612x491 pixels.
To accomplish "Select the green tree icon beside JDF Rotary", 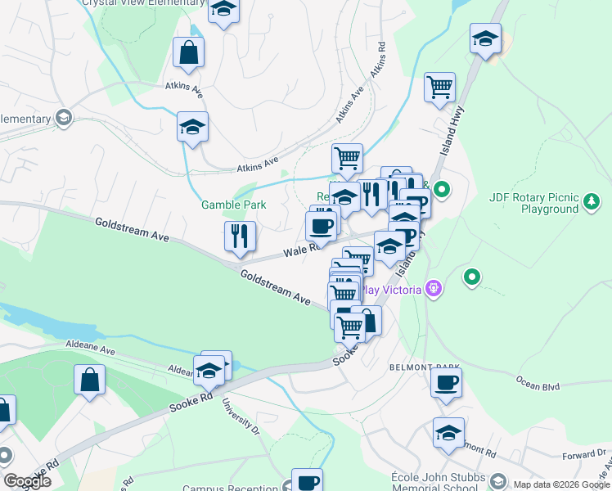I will click(592, 200).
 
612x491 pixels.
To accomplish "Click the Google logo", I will click(27, 481).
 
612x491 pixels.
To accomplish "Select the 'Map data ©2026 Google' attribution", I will click(560, 484).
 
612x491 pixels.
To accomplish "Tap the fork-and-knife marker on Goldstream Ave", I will click(240, 236).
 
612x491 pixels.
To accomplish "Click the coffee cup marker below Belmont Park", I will click(446, 383).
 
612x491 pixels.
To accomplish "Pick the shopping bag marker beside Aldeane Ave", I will click(89, 381).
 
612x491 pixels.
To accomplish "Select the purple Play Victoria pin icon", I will click(434, 289).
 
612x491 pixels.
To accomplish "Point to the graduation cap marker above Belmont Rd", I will click(448, 433).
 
